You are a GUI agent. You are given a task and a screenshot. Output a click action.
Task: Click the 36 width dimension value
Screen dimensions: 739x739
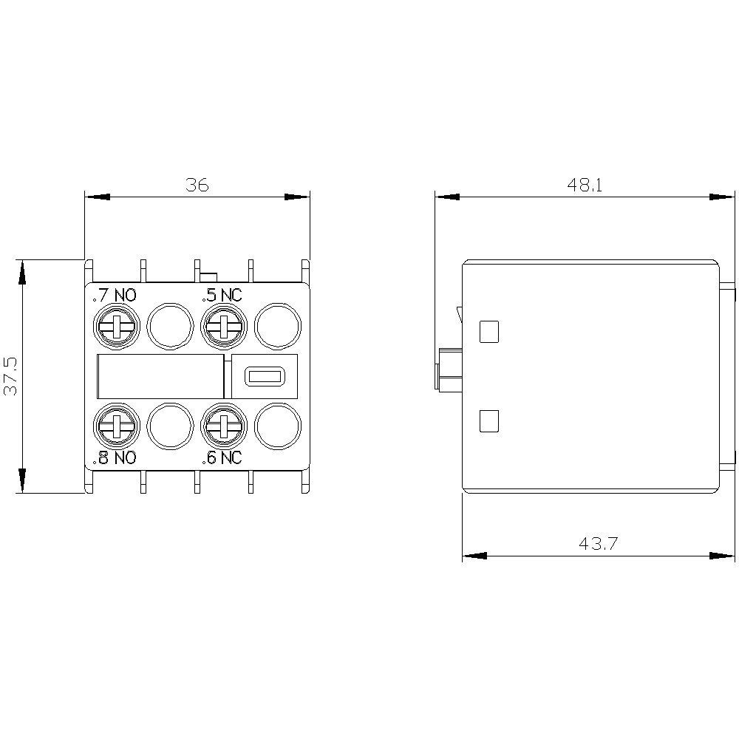pyautogui.click(x=197, y=185)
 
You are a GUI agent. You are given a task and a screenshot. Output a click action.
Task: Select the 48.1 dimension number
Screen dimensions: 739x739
pyautogui.click(x=585, y=185)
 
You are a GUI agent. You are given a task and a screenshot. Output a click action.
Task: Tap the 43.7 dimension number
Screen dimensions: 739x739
pyautogui.click(x=598, y=544)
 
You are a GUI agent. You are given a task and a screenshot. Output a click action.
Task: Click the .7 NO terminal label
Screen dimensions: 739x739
pyautogui.click(x=115, y=296)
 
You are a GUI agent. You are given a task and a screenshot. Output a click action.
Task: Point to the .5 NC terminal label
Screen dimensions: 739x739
pyautogui.click(x=222, y=296)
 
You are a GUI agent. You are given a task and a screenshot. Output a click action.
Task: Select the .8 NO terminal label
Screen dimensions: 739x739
pyautogui.click(x=115, y=457)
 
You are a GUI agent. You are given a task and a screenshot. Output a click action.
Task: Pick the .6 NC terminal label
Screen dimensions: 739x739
pyautogui.click(x=222, y=457)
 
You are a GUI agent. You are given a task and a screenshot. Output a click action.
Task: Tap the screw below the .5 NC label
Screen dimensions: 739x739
pyautogui.click(x=224, y=327)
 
